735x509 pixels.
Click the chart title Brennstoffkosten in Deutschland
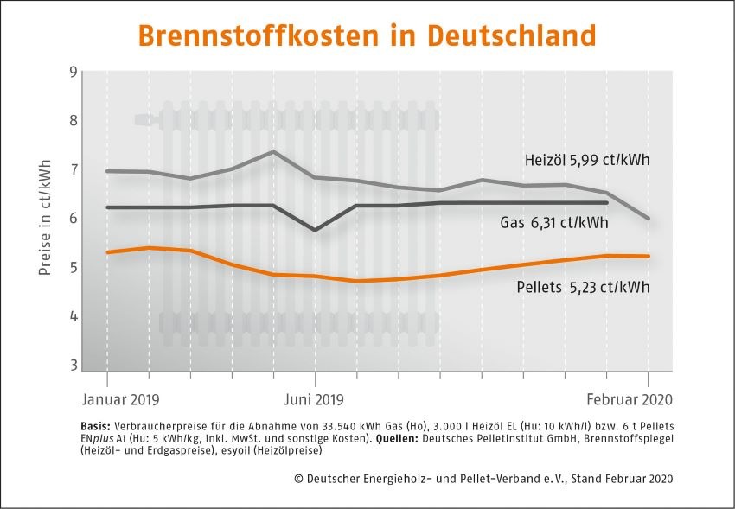(x=367, y=35)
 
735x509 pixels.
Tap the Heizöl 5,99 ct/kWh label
(x=587, y=161)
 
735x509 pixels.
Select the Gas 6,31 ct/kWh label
(x=553, y=223)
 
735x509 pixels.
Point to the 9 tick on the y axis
(x=72, y=71)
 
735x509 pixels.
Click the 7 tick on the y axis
(x=72, y=169)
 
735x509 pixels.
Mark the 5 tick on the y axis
(x=72, y=268)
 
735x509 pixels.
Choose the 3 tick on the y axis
(x=72, y=366)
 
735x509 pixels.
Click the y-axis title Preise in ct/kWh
(x=45, y=218)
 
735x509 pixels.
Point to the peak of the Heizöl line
(x=273, y=151)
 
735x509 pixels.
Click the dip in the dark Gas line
(x=314, y=230)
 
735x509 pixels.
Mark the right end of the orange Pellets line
(x=649, y=256)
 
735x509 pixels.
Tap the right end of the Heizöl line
(x=649, y=219)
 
